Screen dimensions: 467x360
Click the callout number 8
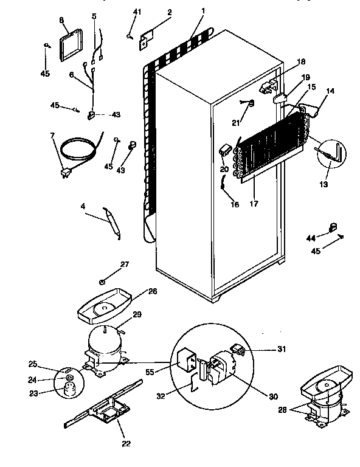[61, 20]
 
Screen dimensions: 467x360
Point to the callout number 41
[137, 12]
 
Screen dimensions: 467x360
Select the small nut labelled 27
[103, 282]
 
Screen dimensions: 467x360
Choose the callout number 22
[126, 444]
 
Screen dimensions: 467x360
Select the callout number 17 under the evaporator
[253, 204]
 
